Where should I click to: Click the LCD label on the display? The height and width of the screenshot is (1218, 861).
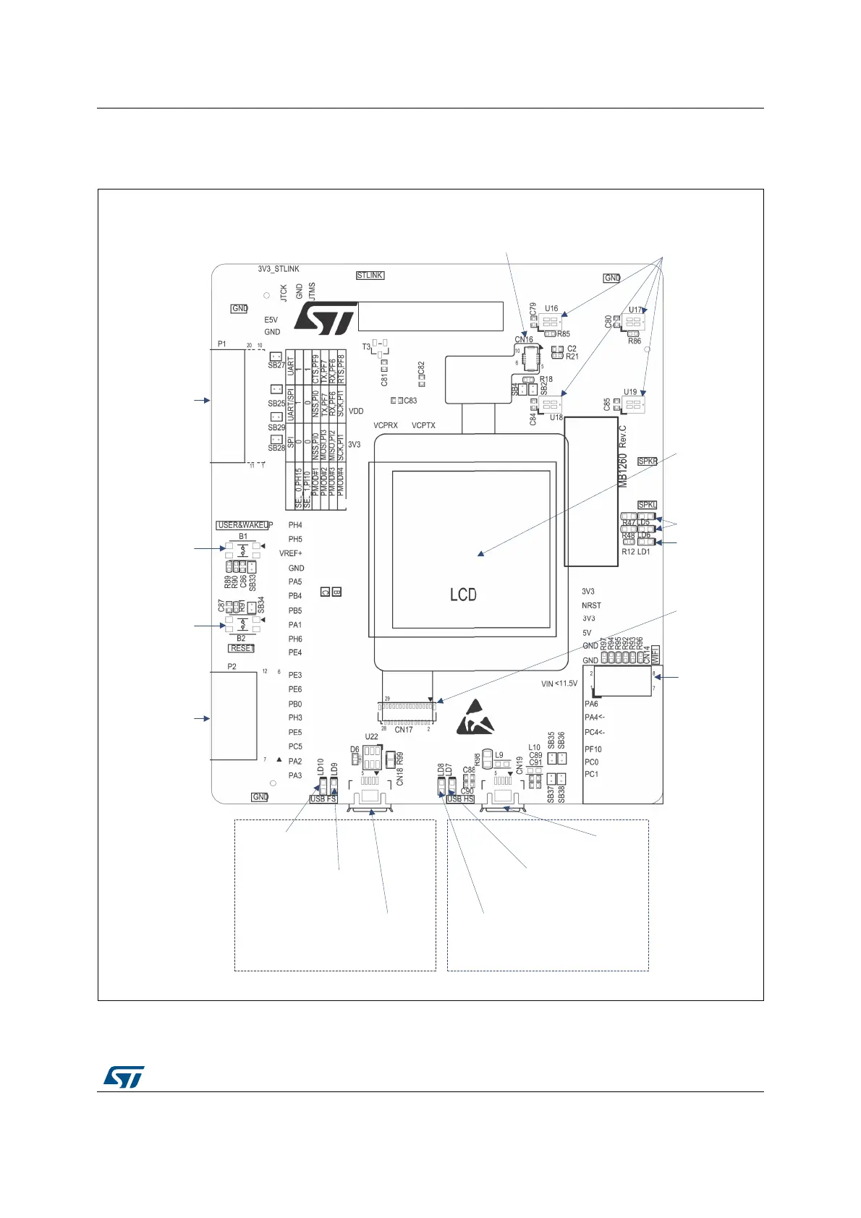463,595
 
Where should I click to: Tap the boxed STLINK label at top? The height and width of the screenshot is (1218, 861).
370,276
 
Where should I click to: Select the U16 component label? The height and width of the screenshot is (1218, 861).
551,309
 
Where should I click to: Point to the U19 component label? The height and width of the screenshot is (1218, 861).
630,393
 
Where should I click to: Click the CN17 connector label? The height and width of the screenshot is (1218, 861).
404,730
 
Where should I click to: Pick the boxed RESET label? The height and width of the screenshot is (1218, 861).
242,649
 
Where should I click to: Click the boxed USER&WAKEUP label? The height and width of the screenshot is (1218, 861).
242,525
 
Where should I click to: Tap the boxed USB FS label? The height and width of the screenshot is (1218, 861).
323,799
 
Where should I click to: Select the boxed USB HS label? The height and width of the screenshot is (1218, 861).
460,799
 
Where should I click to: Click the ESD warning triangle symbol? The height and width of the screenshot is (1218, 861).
477,717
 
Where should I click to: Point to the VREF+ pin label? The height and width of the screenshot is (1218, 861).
291,553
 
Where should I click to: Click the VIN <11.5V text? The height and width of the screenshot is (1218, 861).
559,683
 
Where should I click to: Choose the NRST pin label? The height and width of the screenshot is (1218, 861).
591,605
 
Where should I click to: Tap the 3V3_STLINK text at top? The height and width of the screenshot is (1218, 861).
279,269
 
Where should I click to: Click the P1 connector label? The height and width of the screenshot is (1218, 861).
222,344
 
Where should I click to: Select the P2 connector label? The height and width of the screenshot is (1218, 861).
232,667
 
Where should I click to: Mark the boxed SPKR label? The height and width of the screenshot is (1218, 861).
648,461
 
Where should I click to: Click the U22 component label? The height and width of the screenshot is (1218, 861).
371,737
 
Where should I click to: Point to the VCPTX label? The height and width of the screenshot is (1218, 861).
423,425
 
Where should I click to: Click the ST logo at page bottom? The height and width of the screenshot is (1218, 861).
124,1076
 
